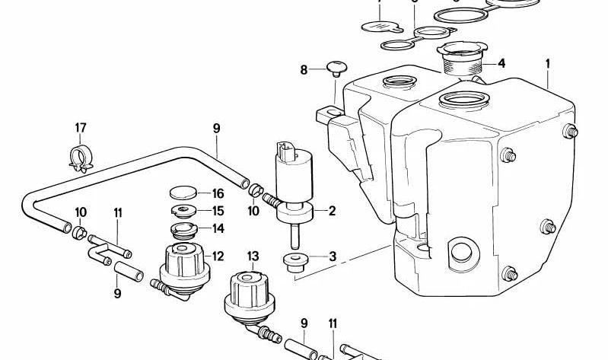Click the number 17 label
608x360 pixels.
(x=81, y=127)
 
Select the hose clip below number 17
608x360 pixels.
(x=80, y=156)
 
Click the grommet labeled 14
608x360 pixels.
(x=183, y=228)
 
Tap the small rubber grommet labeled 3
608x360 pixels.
(x=294, y=262)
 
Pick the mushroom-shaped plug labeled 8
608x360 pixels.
(x=333, y=70)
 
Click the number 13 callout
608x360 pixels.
(x=253, y=256)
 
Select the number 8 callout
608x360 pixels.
(x=304, y=70)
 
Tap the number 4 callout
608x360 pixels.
(x=501, y=63)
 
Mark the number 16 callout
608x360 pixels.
(x=218, y=194)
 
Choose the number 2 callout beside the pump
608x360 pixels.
(x=332, y=210)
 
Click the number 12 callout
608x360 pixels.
(x=218, y=256)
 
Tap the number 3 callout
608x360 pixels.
(x=332, y=256)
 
